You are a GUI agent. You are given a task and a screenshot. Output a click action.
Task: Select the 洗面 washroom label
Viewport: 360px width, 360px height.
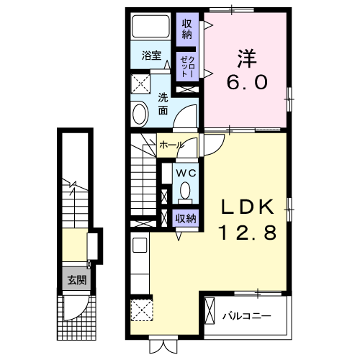pyautogui.click(x=163, y=104)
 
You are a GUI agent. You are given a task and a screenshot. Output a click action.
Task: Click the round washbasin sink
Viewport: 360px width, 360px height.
pyautogui.click(x=140, y=112)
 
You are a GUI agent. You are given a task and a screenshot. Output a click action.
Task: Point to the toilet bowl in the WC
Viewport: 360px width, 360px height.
pyautogui.click(x=186, y=192)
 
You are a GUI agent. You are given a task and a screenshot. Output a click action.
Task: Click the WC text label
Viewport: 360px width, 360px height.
pyautogui.click(x=185, y=174)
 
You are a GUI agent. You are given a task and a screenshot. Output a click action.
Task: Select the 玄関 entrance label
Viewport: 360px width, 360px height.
pyautogui.click(x=76, y=281)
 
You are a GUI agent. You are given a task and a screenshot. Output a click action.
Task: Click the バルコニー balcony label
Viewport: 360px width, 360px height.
pyautogui.click(x=246, y=315)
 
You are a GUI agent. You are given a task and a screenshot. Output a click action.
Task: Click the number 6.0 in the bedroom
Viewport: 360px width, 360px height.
pyautogui.click(x=246, y=81)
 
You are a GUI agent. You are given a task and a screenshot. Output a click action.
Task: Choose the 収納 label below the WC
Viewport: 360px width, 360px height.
pyautogui.click(x=185, y=218)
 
